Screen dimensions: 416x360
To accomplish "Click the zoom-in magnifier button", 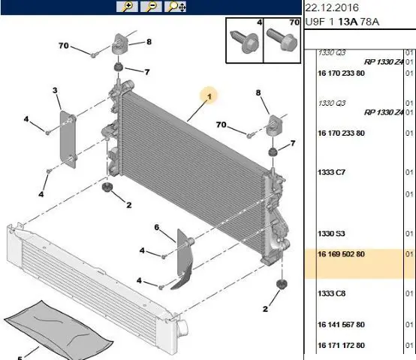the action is (x=127, y=7).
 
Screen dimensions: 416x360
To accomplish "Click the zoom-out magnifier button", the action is (x=151, y=7).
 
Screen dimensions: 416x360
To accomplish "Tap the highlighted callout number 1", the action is (x=210, y=97).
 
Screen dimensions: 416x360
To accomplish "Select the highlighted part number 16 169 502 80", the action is (x=341, y=254).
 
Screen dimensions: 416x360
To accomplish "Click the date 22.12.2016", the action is (x=332, y=7).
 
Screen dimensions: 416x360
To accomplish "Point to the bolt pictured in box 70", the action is (x=282, y=40).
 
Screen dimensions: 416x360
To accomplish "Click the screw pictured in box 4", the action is (x=244, y=42).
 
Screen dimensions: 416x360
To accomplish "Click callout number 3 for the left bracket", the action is (x=55, y=90).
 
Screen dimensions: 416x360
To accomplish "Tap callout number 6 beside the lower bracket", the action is (x=157, y=227).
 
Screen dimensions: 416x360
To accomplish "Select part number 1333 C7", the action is (x=331, y=172).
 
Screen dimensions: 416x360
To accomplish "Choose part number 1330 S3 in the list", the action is (x=331, y=234).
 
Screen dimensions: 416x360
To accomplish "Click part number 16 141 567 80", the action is (x=341, y=325).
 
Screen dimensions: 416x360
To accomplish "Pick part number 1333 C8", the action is (x=331, y=293).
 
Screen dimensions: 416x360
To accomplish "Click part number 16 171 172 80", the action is (x=341, y=346).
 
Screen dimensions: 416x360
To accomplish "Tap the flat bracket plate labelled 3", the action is (x=68, y=139).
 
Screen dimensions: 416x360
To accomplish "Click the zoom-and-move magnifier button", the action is (x=175, y=7).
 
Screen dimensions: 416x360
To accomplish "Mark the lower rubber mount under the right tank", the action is (x=282, y=284).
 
